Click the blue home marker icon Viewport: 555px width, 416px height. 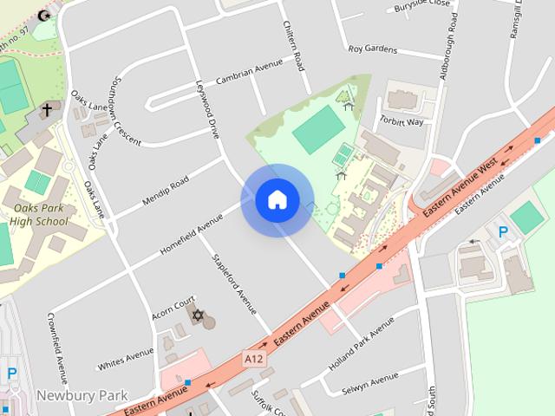click(277, 200)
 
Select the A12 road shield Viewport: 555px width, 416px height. click(253, 356)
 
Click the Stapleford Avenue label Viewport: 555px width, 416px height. click(234, 283)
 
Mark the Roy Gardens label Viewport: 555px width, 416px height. click(373, 49)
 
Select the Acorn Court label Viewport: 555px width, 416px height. click(173, 304)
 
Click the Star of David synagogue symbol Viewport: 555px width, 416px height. click(197, 315)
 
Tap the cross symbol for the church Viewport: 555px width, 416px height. click(46, 110)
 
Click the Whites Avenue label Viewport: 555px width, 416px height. click(126, 356)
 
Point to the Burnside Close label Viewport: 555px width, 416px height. click(422, 4)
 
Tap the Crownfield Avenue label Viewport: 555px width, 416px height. click(57, 347)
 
